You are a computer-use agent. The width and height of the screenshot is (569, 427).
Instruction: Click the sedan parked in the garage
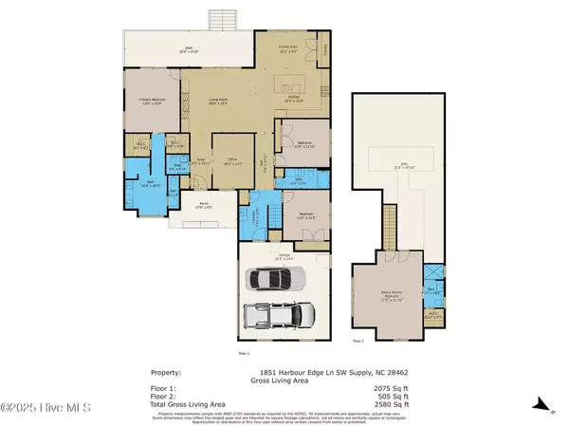(x=277, y=278)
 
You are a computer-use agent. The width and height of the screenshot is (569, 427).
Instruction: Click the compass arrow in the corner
(x=551, y=410)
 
